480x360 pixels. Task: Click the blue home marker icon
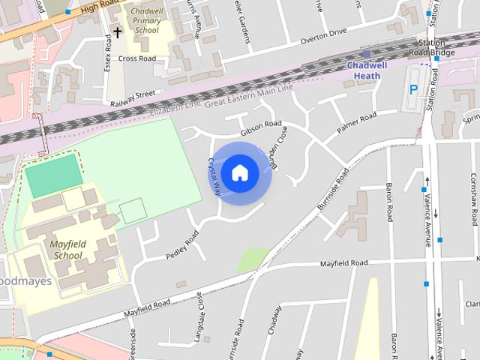pos(239,172)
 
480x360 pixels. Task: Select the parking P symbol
pos(413,88)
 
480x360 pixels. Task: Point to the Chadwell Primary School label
pos(146,22)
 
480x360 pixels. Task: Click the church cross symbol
pos(117,31)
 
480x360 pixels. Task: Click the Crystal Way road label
pos(213,177)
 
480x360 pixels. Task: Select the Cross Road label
pos(136,58)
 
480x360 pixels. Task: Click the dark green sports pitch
pos(52,175)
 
